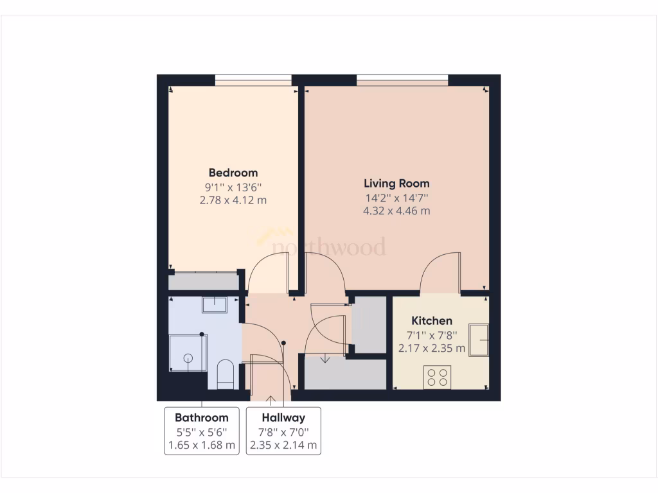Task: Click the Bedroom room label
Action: point(233,173)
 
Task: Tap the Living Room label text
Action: point(396,184)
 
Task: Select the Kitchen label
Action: point(432,320)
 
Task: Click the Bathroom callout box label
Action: point(202,418)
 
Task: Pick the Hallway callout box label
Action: point(283,418)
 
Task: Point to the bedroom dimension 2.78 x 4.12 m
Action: point(233,200)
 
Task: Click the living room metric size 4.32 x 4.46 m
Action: point(396,211)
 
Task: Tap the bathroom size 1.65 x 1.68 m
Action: point(202,445)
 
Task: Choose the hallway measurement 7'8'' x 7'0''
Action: point(283,432)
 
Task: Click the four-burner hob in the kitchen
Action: point(438,376)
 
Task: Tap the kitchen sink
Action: point(478,340)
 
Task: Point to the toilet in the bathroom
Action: point(225,374)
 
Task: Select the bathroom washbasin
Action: point(215,305)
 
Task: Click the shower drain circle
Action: point(189,358)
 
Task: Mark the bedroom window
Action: point(253,81)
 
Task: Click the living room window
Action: point(402,81)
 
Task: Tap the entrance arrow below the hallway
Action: point(271,401)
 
